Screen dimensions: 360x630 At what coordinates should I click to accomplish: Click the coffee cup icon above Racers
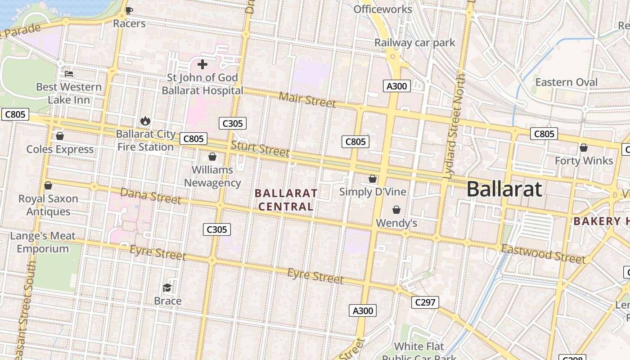click(x=129, y=10)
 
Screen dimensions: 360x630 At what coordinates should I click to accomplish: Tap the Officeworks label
click(x=382, y=9)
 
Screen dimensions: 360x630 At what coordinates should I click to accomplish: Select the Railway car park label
click(x=415, y=43)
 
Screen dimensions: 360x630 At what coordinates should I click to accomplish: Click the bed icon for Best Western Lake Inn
click(x=69, y=73)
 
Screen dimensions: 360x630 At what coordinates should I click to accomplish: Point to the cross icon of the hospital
click(x=202, y=64)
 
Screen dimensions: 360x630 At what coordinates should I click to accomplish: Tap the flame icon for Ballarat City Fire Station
click(x=145, y=121)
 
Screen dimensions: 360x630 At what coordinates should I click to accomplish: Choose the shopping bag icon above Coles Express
click(x=60, y=136)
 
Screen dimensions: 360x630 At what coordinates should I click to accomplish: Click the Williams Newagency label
click(x=212, y=176)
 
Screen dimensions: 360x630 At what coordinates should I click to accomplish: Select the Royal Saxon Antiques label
click(x=48, y=205)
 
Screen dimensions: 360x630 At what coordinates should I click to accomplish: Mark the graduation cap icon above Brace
click(x=167, y=288)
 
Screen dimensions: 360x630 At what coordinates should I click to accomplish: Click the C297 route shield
click(x=425, y=302)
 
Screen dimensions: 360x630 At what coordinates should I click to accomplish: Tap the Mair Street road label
click(x=307, y=99)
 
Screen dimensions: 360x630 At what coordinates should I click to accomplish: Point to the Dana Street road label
click(x=150, y=196)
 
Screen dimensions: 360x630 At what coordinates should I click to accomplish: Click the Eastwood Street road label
click(x=543, y=254)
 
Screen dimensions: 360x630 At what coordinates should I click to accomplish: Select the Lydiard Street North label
click(x=456, y=126)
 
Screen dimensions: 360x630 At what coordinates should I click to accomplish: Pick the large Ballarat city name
click(x=504, y=189)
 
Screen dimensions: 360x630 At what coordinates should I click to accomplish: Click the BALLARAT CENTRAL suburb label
click(x=286, y=200)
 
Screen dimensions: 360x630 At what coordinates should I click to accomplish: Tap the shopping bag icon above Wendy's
click(x=396, y=210)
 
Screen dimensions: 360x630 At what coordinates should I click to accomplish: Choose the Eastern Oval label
click(x=566, y=82)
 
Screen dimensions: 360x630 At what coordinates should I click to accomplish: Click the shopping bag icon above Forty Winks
click(x=584, y=148)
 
